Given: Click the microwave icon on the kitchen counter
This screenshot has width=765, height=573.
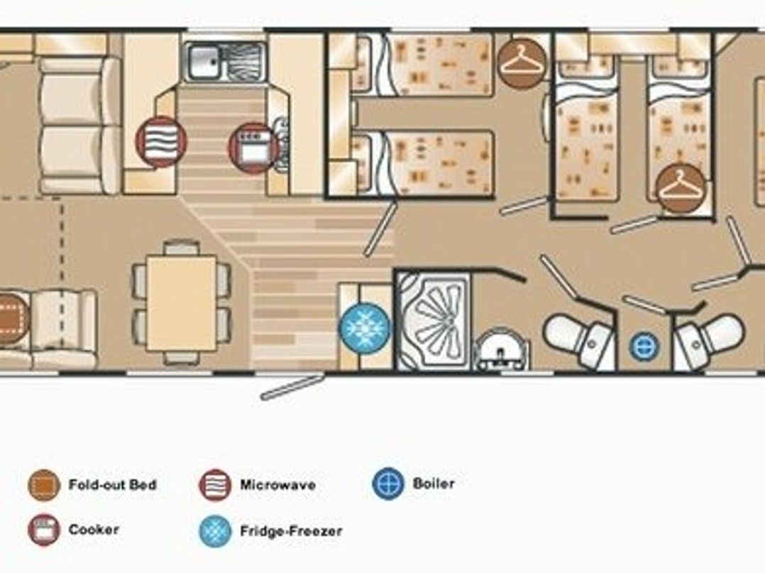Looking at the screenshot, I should pyautogui.click(x=161, y=142).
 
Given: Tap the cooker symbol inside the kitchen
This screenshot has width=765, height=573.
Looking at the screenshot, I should pyautogui.click(x=253, y=148).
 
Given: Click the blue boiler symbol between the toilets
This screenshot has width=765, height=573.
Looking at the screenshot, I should pyautogui.click(x=644, y=346).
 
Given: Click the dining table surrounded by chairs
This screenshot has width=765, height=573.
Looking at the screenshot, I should pyautogui.click(x=181, y=304).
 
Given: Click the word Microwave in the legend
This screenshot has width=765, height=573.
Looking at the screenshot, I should pyautogui.click(x=277, y=486).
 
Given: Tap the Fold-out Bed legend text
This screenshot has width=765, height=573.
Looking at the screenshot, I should pyautogui.click(x=112, y=486).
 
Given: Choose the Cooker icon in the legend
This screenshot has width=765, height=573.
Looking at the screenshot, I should pyautogui.click(x=44, y=530).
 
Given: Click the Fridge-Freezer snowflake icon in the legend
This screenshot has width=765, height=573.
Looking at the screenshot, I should pyautogui.click(x=216, y=530).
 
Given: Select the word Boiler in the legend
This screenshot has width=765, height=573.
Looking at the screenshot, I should pyautogui.click(x=434, y=484).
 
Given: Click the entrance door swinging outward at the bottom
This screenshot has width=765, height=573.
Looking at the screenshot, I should pyautogui.click(x=292, y=388).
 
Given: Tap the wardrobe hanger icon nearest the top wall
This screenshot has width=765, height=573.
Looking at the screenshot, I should pyautogui.click(x=522, y=64).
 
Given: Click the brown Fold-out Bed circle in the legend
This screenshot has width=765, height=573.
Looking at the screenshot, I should pyautogui.click(x=44, y=486).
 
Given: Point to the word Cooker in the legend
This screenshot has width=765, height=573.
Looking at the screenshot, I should pyautogui.click(x=94, y=530).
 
